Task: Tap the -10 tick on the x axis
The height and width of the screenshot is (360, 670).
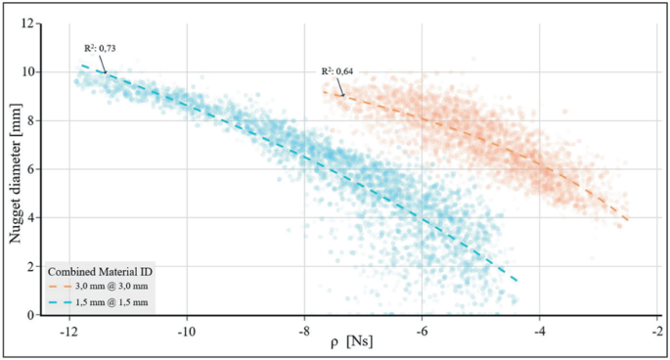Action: [x=186, y=329]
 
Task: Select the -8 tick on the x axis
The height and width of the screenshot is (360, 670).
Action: [x=304, y=329]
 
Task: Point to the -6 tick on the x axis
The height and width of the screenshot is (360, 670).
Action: [x=422, y=329]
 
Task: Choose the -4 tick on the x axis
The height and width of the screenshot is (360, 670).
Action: [x=540, y=329]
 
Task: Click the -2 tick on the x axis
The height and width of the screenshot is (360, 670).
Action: [x=657, y=329]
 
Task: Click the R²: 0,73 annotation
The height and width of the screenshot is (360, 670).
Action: [x=99, y=47]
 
